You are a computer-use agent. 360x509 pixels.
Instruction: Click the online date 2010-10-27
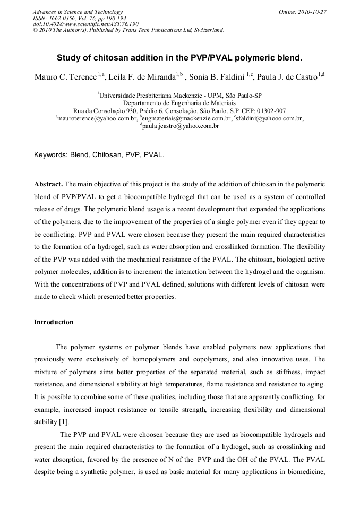(x=313, y=12)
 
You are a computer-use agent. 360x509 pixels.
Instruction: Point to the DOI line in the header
(x=85, y=24)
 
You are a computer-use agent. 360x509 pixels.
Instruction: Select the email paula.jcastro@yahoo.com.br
(x=181, y=126)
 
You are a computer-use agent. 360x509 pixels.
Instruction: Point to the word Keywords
(x=50, y=156)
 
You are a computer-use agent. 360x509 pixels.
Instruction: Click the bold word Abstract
(x=48, y=184)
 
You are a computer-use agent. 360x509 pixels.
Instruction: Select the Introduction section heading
(x=54, y=322)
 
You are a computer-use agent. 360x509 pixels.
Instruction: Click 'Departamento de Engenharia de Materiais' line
(x=179, y=102)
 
